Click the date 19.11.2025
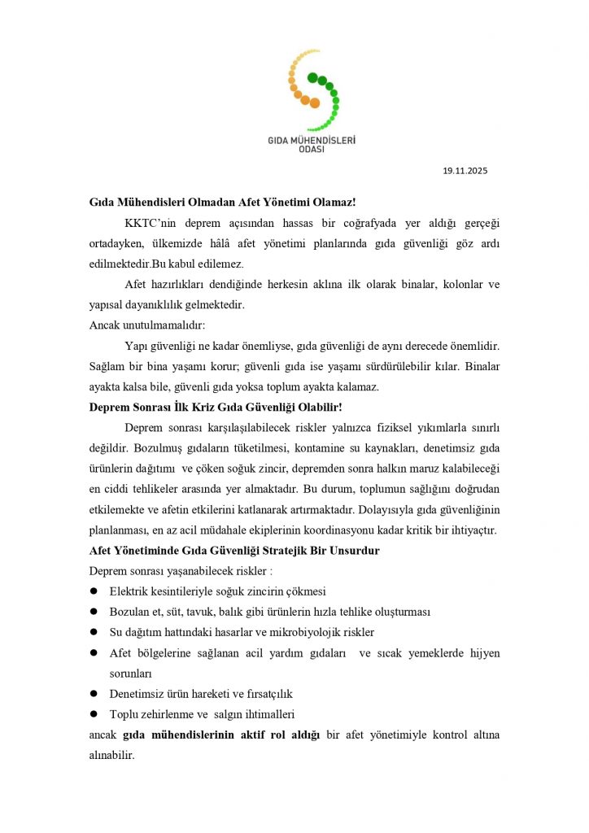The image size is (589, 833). [465, 171]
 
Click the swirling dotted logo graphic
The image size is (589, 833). [313, 89]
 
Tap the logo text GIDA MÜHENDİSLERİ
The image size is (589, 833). [312, 140]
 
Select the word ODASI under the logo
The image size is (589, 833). [312, 150]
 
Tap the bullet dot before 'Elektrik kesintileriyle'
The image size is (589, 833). [94, 591]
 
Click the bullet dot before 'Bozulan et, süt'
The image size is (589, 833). [94, 612]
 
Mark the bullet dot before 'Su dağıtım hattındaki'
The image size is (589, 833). [94, 632]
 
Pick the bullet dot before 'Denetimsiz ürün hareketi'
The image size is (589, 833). [94, 694]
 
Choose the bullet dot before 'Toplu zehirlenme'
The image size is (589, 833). [94, 714]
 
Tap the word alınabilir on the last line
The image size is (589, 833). [111, 755]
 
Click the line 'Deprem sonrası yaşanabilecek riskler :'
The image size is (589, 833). [181, 571]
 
